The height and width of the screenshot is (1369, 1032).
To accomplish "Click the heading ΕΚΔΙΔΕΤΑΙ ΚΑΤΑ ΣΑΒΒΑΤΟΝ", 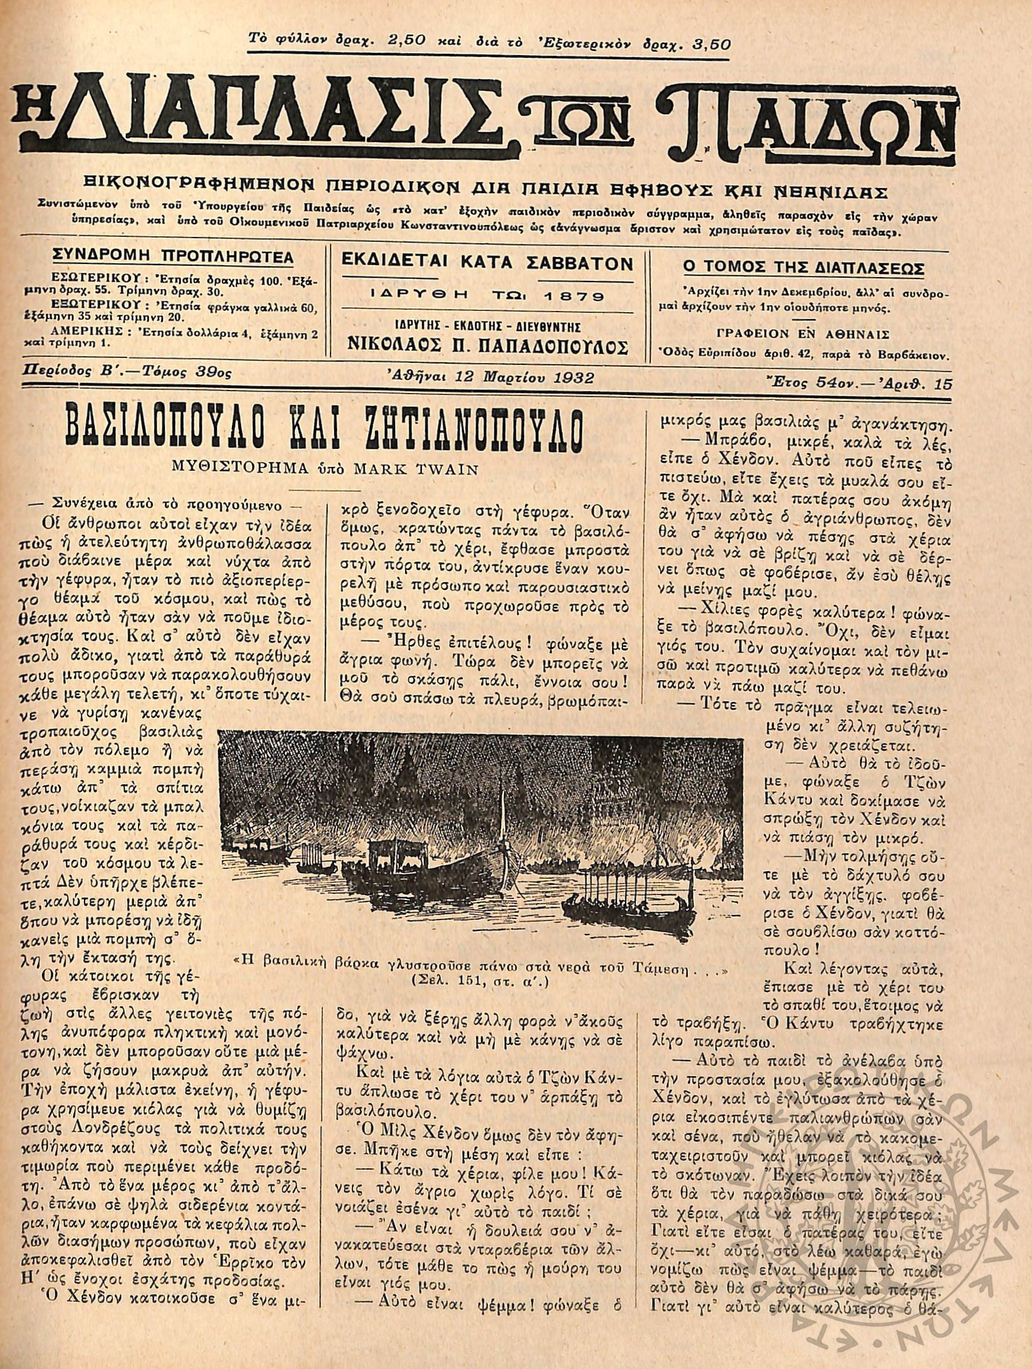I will point(487,264).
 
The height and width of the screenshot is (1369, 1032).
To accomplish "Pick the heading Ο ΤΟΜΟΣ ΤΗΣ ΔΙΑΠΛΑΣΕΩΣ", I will point(804,269).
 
